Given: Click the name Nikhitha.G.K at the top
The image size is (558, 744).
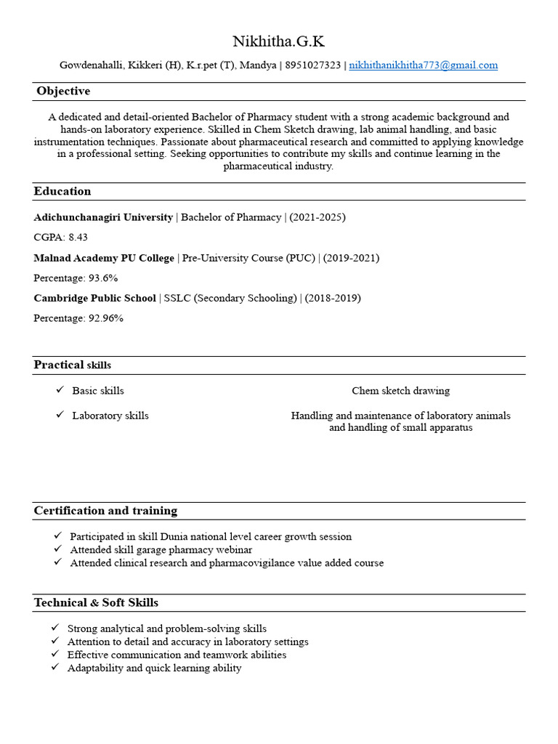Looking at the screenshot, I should pos(278,41).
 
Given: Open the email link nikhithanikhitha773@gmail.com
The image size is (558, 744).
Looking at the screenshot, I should pos(423,65).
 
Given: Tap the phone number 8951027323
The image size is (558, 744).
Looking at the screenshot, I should pos(312,65).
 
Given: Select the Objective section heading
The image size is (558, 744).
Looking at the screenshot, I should pos(63,92).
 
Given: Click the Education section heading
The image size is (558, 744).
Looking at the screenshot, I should pos(62,192).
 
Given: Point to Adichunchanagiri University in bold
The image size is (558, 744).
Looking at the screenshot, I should pos(103,217).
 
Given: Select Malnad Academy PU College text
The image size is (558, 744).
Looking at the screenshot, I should pos(104,258).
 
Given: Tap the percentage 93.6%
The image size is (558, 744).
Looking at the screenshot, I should pos(102,278).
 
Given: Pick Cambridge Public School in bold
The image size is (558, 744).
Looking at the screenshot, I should pos(94,298).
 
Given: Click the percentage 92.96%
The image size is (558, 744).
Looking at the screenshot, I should pos(105,318).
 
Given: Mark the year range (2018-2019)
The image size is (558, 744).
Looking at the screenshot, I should pos(333,298).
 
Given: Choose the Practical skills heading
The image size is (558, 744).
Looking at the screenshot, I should pos(72,365).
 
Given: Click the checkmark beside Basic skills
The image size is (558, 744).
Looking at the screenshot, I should pos(60,391).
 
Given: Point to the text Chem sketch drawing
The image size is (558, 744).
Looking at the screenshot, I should pos(400,391).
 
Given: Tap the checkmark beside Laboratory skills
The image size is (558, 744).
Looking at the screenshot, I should pos(60,416).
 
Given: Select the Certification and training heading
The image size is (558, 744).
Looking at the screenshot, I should pos(105,511).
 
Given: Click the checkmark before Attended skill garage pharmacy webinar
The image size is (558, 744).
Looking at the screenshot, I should pos(57,550).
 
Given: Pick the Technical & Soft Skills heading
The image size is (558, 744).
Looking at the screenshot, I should pos(96,603).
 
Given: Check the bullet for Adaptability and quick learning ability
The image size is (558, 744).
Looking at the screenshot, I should pos(55,668).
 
